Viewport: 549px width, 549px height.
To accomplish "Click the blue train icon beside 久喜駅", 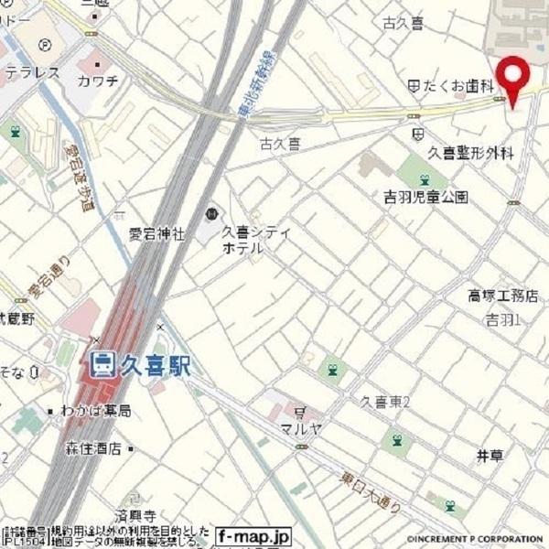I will coord(103,365).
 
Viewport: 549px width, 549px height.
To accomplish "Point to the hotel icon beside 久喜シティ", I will coord(211,214).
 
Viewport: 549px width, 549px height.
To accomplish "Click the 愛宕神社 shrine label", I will coord(157,234).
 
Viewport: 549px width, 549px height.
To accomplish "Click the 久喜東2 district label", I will coord(384,402).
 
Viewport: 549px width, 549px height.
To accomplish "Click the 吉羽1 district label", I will coord(502,319).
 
